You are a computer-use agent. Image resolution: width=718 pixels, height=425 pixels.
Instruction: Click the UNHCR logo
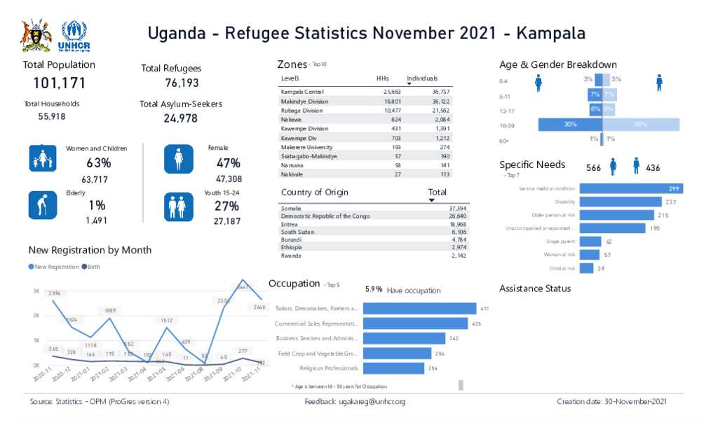click(75, 36)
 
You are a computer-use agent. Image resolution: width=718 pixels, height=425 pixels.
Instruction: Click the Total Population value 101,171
click(60, 83)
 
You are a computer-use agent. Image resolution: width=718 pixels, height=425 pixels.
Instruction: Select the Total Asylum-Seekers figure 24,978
click(180, 118)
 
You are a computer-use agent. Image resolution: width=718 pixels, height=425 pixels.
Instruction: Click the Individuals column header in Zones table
click(422, 78)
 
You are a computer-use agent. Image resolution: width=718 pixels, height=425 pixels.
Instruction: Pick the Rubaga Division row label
click(302, 111)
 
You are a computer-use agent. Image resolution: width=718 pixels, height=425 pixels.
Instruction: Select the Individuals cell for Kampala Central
click(440, 92)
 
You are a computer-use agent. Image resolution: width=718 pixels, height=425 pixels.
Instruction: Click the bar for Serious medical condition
click(631, 188)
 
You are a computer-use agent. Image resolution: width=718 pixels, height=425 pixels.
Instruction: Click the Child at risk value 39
click(601, 268)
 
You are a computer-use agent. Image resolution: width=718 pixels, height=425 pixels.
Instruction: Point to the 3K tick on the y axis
click(36, 291)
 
